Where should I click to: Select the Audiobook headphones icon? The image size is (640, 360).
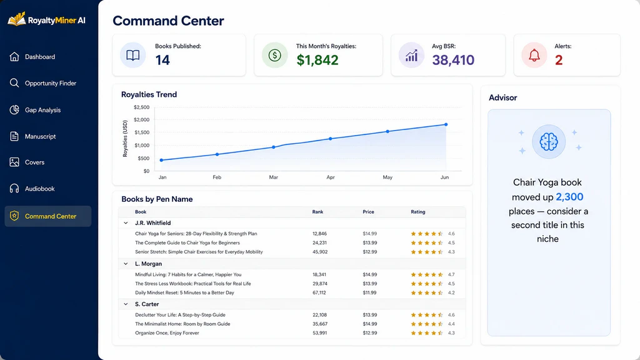tap(14, 189)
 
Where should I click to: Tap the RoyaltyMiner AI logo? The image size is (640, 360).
tap(46, 19)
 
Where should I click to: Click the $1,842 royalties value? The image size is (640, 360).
tap(317, 60)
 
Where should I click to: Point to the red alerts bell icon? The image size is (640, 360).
tap(534, 56)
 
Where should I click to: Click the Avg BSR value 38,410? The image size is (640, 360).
tap(453, 60)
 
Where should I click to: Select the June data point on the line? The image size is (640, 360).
tap(446, 124)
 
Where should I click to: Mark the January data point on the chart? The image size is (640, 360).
tap(162, 160)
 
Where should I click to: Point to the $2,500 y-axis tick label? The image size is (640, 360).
tap(142, 107)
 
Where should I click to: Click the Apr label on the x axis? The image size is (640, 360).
tap(330, 177)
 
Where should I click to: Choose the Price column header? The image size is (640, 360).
tap(368, 212)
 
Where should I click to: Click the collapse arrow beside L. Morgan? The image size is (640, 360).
tap(126, 264)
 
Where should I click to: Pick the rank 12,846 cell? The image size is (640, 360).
tap(319, 234)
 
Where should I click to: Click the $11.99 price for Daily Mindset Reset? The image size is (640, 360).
tap(370, 292)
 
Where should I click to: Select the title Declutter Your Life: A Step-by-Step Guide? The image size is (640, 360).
tap(180, 315)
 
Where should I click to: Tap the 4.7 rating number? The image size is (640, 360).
tap(451, 275)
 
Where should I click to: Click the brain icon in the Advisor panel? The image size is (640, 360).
tap(548, 142)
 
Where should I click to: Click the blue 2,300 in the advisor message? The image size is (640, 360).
tap(569, 197)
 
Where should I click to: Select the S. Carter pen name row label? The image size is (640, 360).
tap(147, 304)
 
